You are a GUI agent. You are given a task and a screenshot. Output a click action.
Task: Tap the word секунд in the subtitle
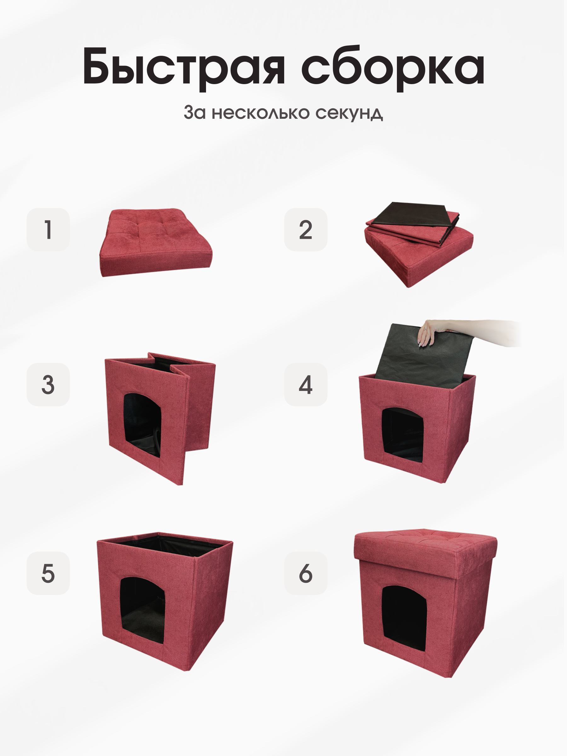click(x=349, y=113)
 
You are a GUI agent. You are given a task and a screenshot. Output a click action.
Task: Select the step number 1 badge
click(x=48, y=230)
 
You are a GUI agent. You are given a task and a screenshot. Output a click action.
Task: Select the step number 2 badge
click(x=306, y=230)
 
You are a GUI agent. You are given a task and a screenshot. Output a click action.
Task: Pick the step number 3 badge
click(x=48, y=385)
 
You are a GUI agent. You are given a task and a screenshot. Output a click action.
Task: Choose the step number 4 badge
click(x=306, y=385)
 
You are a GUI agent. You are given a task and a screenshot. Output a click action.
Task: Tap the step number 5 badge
click(x=48, y=573)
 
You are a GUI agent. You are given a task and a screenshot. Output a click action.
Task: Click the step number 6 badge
click(x=306, y=573)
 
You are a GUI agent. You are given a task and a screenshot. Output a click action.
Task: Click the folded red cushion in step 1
click(x=156, y=243)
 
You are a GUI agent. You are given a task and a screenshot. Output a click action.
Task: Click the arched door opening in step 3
click(x=142, y=424)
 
